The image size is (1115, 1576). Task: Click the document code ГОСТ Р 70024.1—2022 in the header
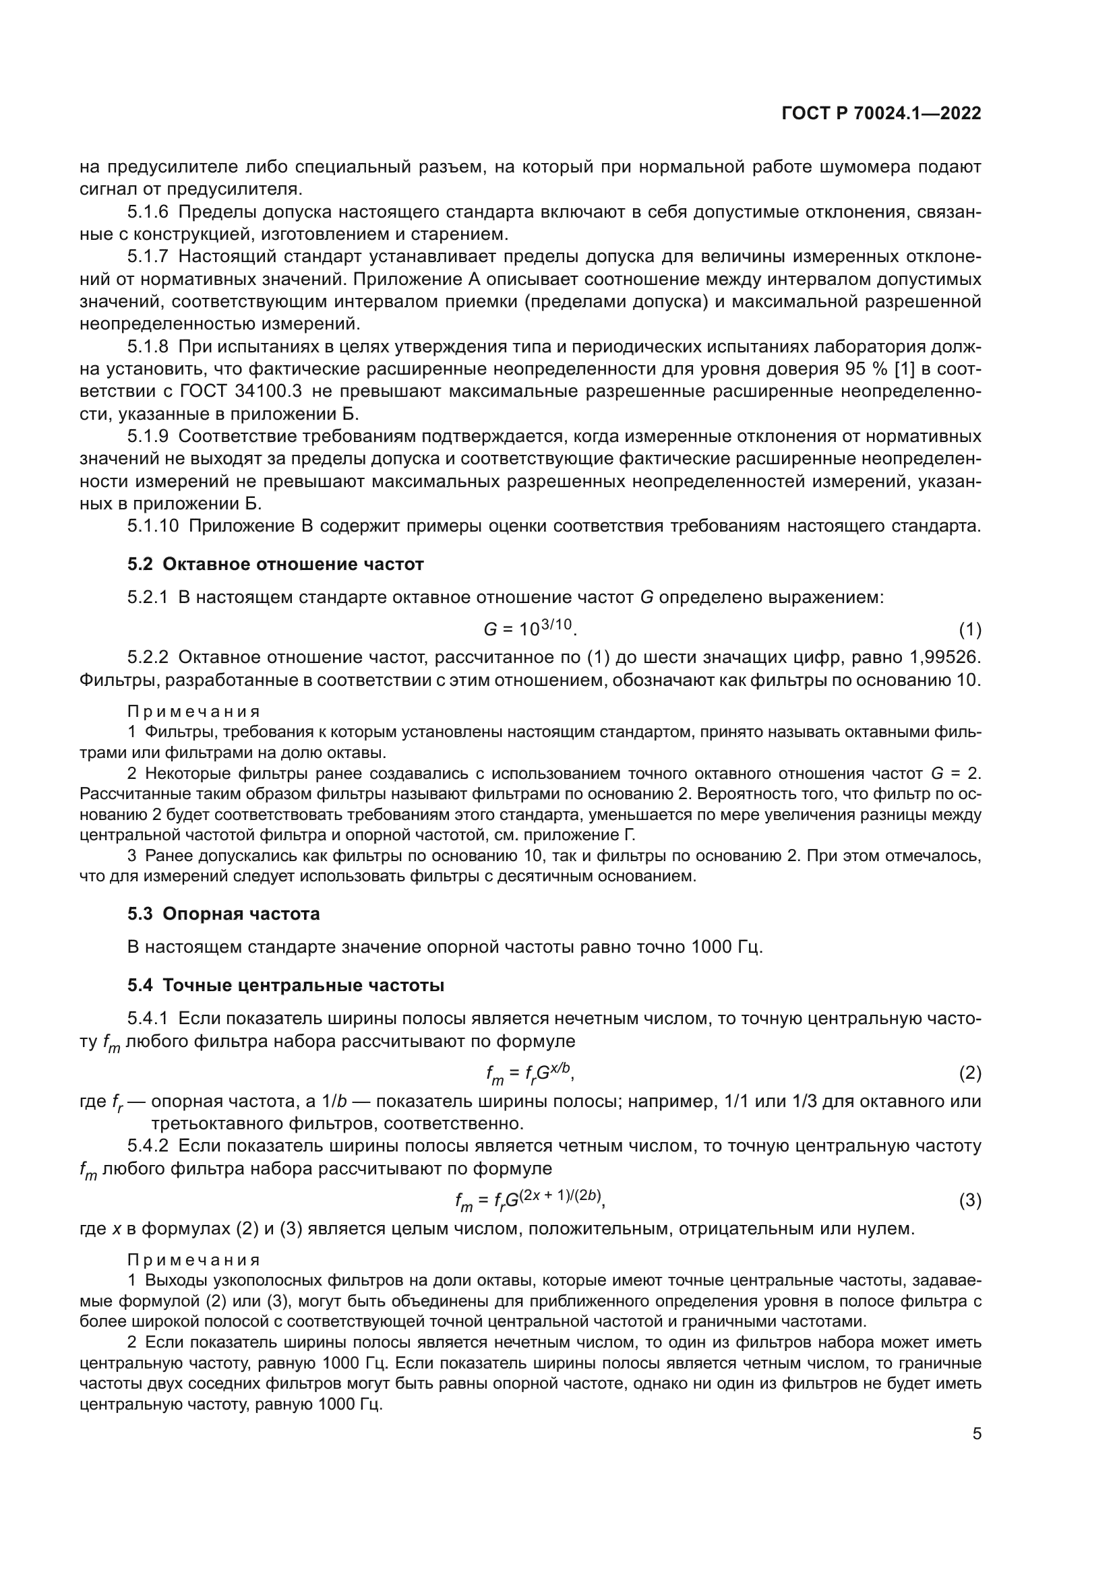[881, 114]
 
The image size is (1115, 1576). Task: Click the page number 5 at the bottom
[976, 1434]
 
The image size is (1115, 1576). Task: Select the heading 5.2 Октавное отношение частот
[275, 564]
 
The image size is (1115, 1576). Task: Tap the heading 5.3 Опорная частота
[223, 914]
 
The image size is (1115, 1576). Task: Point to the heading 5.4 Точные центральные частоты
[286, 985]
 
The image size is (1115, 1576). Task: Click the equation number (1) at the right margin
[969, 629]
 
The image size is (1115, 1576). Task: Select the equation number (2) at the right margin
[969, 1072]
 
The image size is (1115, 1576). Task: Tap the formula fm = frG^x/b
[529, 1072]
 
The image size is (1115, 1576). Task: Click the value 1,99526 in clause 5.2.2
[943, 657]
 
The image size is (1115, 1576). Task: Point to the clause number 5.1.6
[148, 212]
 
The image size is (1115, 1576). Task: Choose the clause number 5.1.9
[148, 437]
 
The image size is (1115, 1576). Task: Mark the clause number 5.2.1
[148, 597]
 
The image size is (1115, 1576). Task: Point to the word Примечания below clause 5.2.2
[193, 711]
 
